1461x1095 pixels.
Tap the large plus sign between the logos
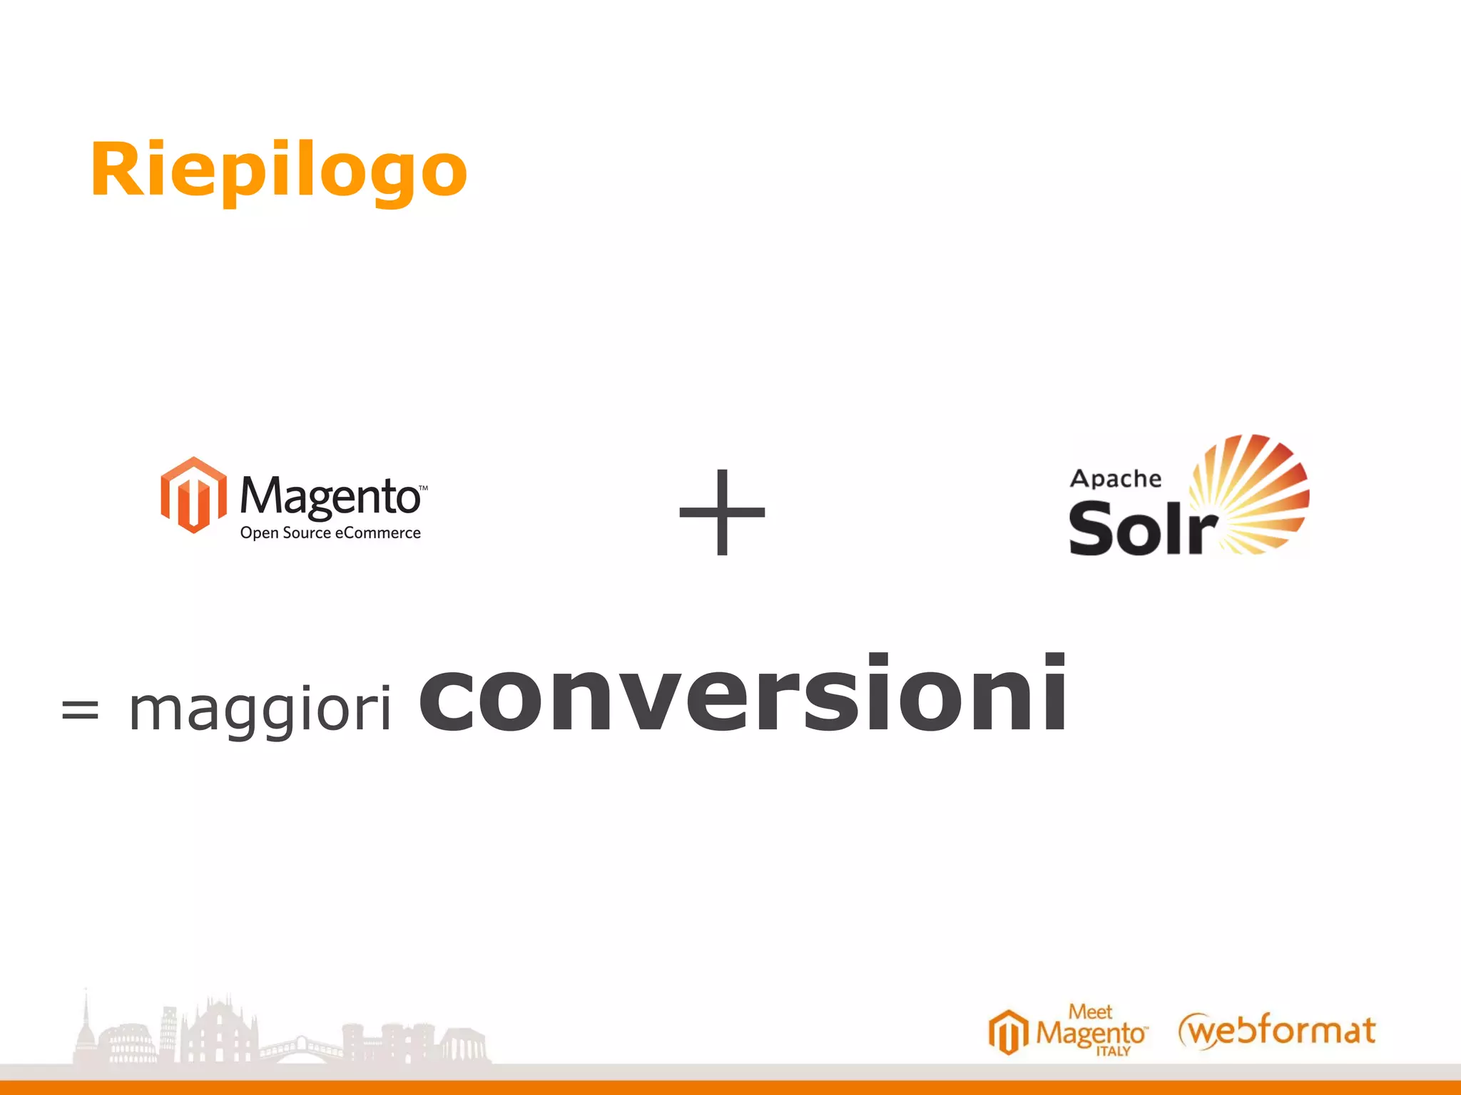(x=722, y=512)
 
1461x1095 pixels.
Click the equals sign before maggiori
(x=80, y=710)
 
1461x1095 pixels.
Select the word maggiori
(x=260, y=710)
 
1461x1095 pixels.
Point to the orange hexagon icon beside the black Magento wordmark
(x=193, y=495)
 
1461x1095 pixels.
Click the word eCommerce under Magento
(x=377, y=533)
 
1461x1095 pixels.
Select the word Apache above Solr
(x=1116, y=478)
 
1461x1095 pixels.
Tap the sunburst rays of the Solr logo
(x=1256, y=492)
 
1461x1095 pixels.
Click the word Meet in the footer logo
(x=1090, y=1012)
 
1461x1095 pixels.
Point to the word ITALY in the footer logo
(x=1113, y=1052)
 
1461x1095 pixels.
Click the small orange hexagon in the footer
(x=1008, y=1032)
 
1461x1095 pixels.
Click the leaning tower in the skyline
(x=168, y=1027)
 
